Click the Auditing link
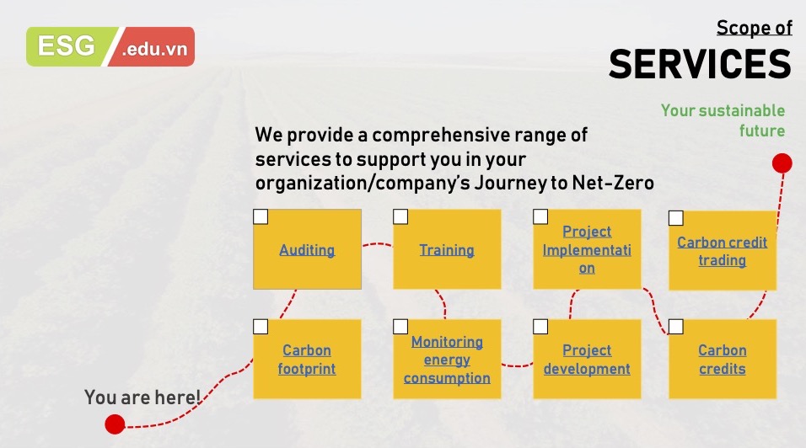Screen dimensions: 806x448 tap(307, 250)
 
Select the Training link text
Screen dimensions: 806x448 tap(447, 250)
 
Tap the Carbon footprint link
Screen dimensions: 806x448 tap(307, 360)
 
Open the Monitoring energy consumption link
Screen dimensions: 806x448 tap(447, 360)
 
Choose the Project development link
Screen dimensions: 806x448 tap(587, 360)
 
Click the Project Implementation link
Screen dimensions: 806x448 tap(587, 249)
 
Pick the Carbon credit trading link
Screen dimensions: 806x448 tap(723, 251)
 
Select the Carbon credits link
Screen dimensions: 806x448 tap(723, 360)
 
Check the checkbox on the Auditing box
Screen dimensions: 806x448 tap(261, 216)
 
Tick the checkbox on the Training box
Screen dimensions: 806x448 tap(400, 216)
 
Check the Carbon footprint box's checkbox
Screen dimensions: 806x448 tap(261, 327)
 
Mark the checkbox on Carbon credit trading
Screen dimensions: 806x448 tap(676, 218)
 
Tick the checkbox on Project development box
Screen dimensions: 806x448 tap(540, 327)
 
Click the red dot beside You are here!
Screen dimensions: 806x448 tap(116, 424)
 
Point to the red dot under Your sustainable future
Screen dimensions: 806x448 tap(782, 163)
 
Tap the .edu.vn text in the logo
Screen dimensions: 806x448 tap(155, 50)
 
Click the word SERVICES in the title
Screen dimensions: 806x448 tap(700, 64)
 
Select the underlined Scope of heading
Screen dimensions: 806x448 tap(755, 28)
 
